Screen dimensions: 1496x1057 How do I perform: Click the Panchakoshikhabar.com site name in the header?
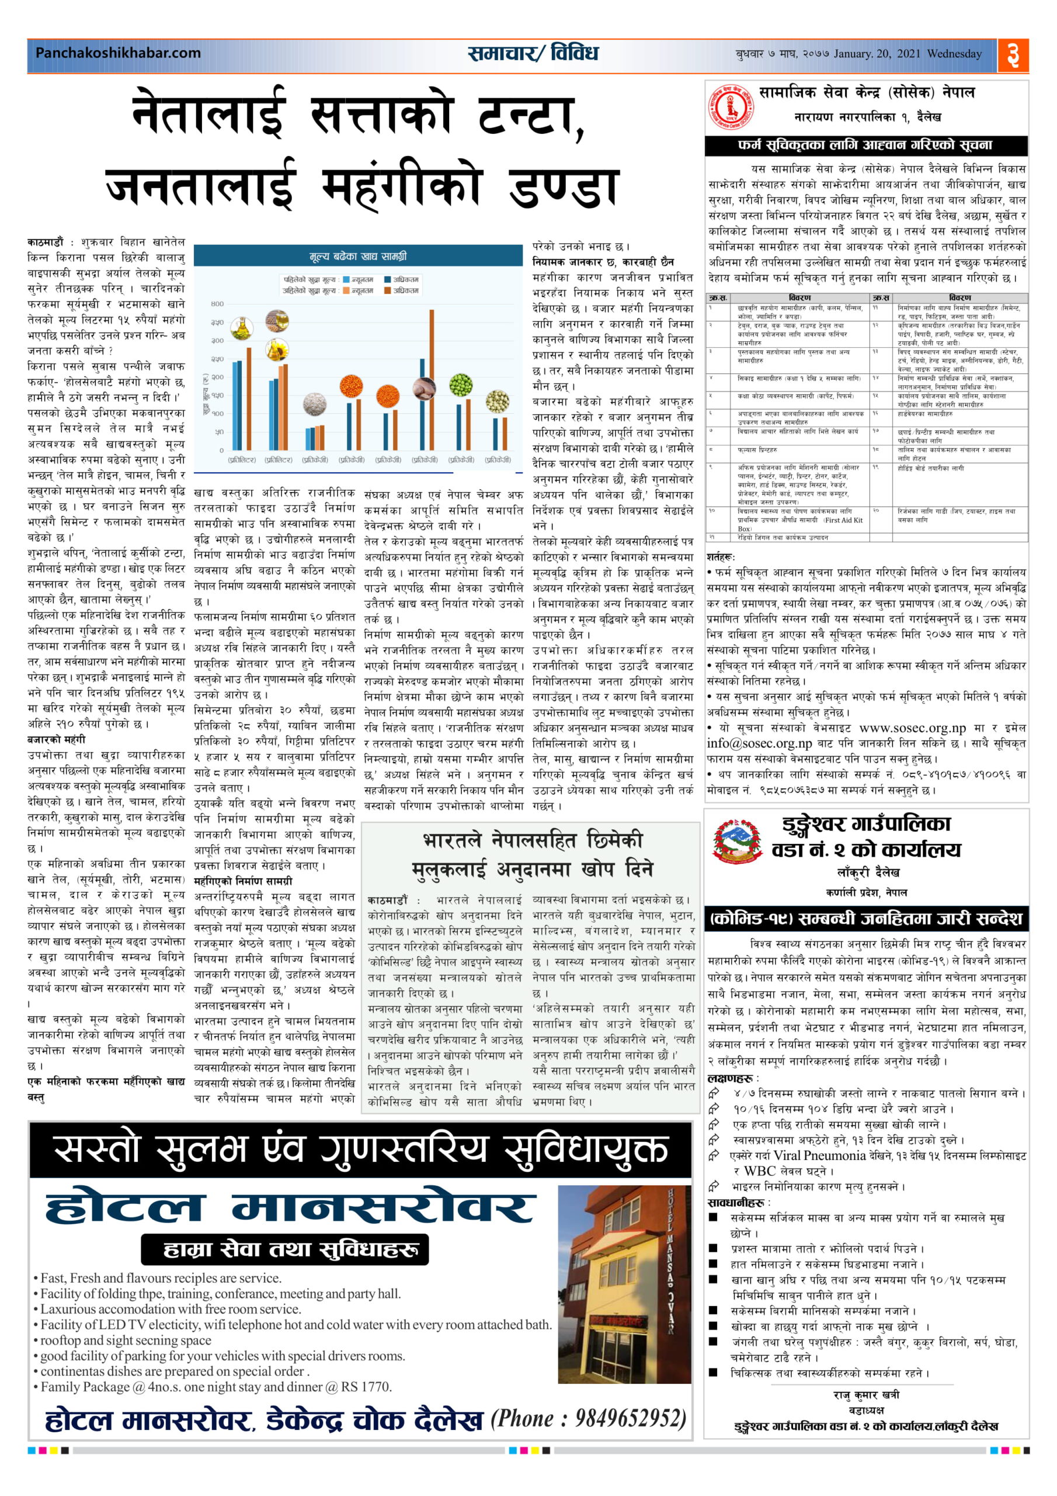coord(118,53)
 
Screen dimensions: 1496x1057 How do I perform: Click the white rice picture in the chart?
coord(315,403)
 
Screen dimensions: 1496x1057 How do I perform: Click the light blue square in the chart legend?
coord(346,279)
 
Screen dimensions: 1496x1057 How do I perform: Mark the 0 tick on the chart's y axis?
coord(221,450)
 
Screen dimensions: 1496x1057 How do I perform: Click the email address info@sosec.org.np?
coord(759,743)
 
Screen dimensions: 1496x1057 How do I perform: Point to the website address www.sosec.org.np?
coord(912,728)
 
